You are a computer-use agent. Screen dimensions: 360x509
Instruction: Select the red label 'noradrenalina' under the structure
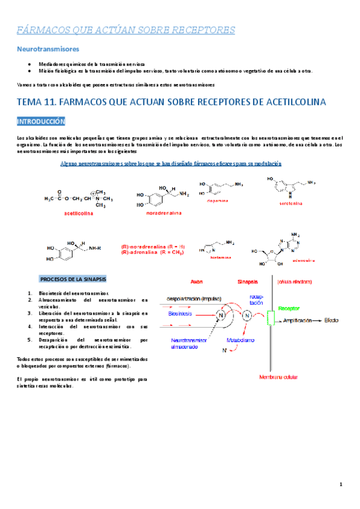163,212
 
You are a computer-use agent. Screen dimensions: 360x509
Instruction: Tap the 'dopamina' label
218,200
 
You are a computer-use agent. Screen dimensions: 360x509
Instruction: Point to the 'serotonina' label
291,203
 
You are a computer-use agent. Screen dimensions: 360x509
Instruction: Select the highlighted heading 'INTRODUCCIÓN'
40,121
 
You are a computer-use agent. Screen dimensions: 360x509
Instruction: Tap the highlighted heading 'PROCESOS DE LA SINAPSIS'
73,280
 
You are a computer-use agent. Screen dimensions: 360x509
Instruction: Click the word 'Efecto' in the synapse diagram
332,321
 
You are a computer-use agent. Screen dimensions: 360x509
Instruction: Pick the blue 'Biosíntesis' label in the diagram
180,313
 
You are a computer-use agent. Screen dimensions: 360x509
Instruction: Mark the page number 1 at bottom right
340,484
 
